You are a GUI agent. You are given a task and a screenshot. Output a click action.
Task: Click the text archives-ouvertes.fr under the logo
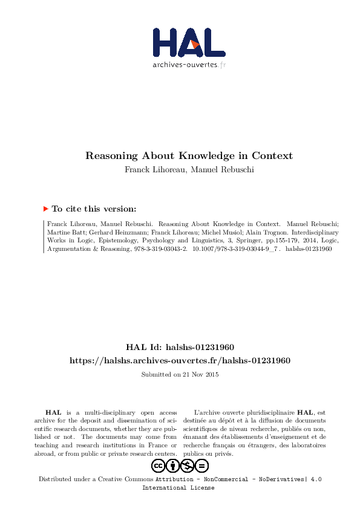point(189,64)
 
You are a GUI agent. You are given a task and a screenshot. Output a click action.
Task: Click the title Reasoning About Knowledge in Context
point(189,155)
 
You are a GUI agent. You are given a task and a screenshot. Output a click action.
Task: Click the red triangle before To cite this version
point(45,209)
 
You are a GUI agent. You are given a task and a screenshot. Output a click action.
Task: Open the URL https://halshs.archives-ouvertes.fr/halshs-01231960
point(180,360)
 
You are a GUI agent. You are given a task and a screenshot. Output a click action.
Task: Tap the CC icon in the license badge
point(158,465)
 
